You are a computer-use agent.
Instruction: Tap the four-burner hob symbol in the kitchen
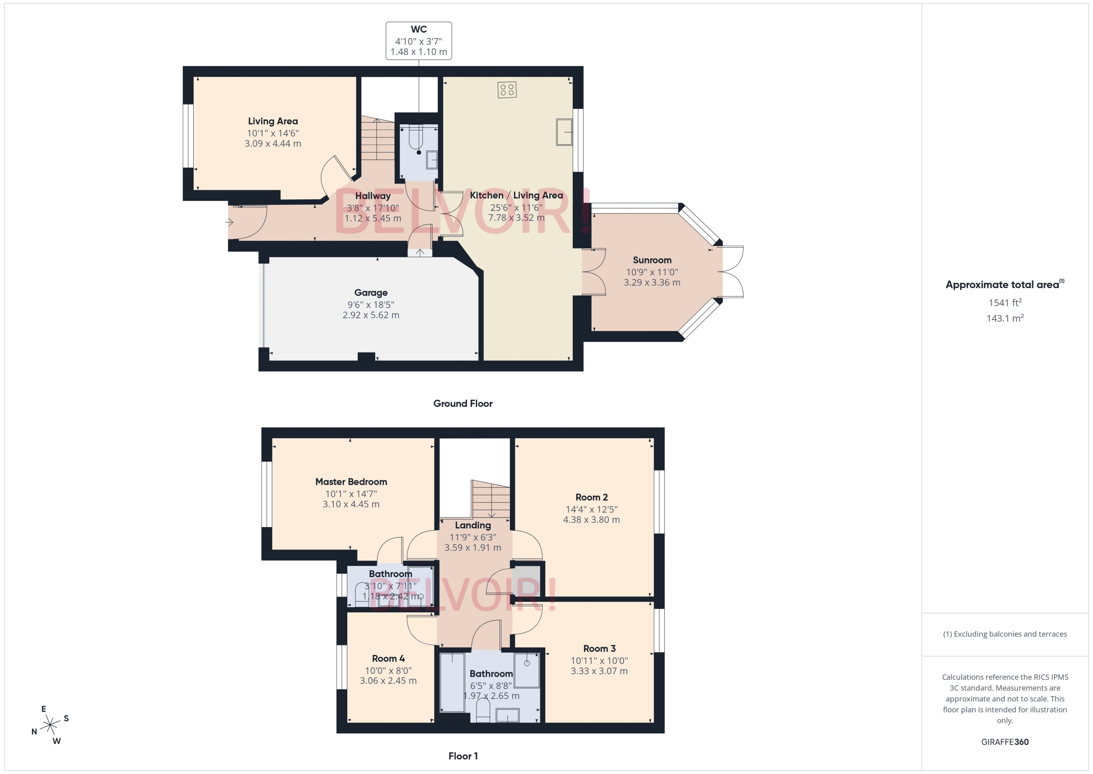507,90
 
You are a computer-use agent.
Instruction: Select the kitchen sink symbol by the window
564,132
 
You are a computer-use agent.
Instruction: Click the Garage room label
370,293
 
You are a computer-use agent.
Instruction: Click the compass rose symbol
50,725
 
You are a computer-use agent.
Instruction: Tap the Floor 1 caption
462,756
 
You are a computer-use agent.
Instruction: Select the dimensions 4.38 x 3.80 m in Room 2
591,520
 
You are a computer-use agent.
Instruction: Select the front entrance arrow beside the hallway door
229,222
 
